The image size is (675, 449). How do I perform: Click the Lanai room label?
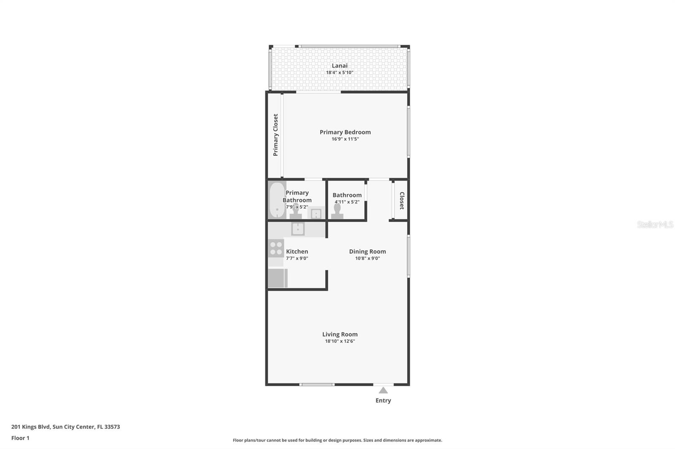click(340, 66)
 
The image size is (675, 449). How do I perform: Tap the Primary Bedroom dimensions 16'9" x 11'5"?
click(345, 139)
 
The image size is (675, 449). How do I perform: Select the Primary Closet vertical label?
click(275, 135)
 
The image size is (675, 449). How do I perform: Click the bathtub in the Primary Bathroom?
click(277, 200)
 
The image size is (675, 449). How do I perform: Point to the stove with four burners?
click(276, 248)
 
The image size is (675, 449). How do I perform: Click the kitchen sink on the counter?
click(298, 229)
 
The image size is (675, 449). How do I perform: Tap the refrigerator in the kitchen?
click(277, 278)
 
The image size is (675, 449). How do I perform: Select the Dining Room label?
click(367, 251)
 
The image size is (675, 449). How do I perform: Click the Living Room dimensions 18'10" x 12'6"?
click(340, 341)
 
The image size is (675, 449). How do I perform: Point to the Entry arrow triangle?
click(383, 390)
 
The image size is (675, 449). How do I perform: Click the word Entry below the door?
click(383, 401)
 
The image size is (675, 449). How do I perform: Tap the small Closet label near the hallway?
click(402, 200)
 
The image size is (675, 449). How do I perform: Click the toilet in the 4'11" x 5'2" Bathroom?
click(337, 212)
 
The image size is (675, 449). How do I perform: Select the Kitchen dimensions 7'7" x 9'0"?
click(297, 258)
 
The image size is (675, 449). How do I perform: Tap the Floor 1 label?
click(20, 438)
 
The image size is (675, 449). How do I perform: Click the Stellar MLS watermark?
click(655, 225)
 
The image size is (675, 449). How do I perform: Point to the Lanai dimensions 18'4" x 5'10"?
click(340, 72)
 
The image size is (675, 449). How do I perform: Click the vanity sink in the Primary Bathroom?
click(316, 214)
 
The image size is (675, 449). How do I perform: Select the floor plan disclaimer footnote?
click(337, 440)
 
